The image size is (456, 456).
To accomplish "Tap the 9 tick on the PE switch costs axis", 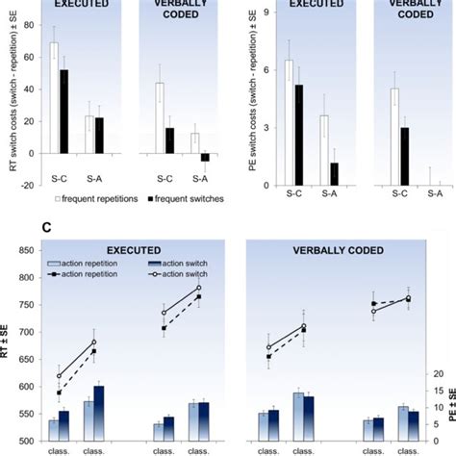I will (x=261, y=14).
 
